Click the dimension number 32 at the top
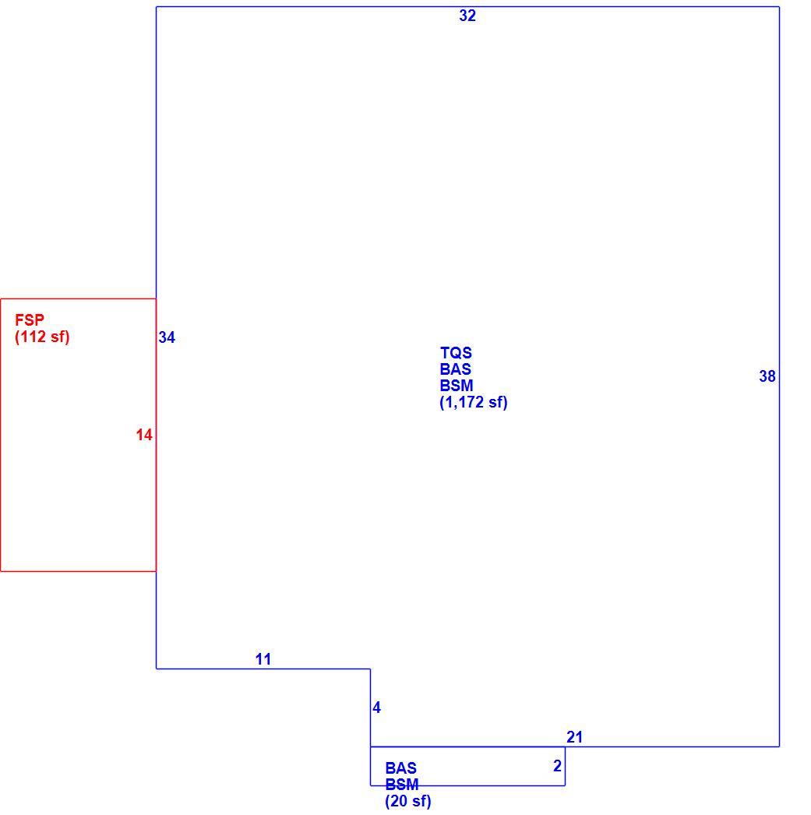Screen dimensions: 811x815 pyautogui.click(x=467, y=16)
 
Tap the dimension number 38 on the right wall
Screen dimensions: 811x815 pyautogui.click(x=767, y=376)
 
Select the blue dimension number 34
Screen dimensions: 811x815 pyautogui.click(x=167, y=337)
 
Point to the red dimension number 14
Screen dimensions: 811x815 pyautogui.click(x=144, y=435)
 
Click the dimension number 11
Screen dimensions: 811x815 pyautogui.click(x=263, y=659)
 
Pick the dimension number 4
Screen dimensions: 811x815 pyautogui.click(x=376, y=707)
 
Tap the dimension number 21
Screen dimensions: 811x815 pyautogui.click(x=575, y=737)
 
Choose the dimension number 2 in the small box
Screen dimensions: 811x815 pyautogui.click(x=558, y=766)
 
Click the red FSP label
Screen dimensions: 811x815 pyautogui.click(x=30, y=319)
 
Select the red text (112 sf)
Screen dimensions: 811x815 pyautogui.click(x=42, y=337)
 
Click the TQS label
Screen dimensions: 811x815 pyautogui.click(x=457, y=353)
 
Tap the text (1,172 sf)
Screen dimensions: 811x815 pyautogui.click(x=474, y=402)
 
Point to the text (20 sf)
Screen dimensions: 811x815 pyautogui.click(x=408, y=801)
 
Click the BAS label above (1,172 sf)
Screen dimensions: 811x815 pyautogui.click(x=455, y=369)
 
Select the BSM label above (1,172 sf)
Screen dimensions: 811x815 pyautogui.click(x=457, y=386)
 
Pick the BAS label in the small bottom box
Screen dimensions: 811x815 pyautogui.click(x=400, y=767)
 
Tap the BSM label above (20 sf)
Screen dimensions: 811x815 pyautogui.click(x=401, y=785)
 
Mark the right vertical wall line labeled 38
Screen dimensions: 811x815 pyautogui.click(x=779, y=377)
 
